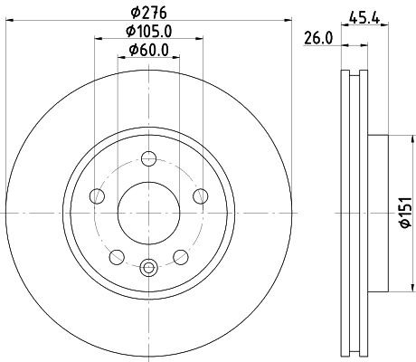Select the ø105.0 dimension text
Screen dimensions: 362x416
pos(149,32)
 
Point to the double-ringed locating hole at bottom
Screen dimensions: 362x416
pos(149,265)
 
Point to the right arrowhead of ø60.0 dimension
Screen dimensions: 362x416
pos(176,61)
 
